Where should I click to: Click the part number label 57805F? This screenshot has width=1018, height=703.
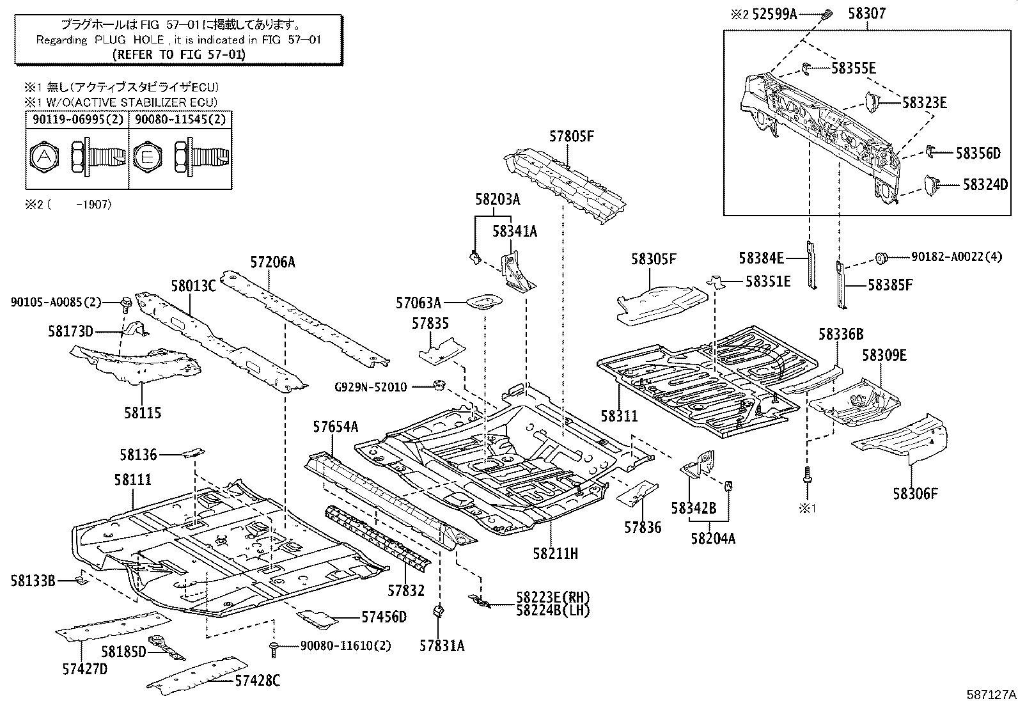point(572,136)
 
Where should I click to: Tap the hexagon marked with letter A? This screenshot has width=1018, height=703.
point(44,155)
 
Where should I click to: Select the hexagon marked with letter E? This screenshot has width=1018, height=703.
point(148,155)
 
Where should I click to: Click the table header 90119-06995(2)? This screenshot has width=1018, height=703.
point(77,119)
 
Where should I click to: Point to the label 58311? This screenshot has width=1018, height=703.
point(619,416)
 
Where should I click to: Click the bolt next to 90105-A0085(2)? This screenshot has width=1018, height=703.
point(125,301)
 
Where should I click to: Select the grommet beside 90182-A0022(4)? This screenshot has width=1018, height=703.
point(881,258)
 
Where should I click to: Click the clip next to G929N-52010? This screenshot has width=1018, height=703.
point(439,385)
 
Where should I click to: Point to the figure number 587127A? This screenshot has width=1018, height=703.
point(991,693)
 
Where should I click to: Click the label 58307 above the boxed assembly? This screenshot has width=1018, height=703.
point(867,13)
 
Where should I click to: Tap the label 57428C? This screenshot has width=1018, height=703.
point(256,681)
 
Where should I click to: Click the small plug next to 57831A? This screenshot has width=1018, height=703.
point(440,610)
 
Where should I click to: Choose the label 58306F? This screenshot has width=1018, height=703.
point(915,493)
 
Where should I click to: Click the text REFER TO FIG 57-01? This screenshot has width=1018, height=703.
point(178,54)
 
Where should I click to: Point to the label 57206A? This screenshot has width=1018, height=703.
point(272,262)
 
